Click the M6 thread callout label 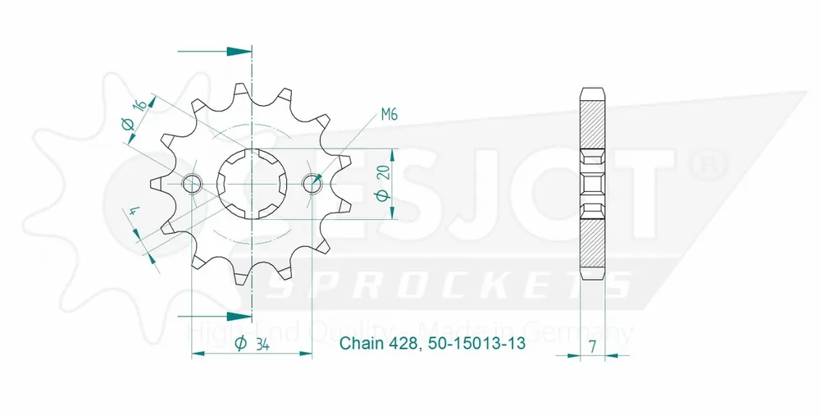[x=389, y=116]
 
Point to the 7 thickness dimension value [x=593, y=345]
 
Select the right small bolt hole [x=312, y=184]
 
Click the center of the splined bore [x=252, y=184]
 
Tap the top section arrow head [x=239, y=51]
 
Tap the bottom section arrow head [x=239, y=315]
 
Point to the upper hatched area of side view [x=593, y=119]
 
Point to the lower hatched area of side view [x=593, y=246]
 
